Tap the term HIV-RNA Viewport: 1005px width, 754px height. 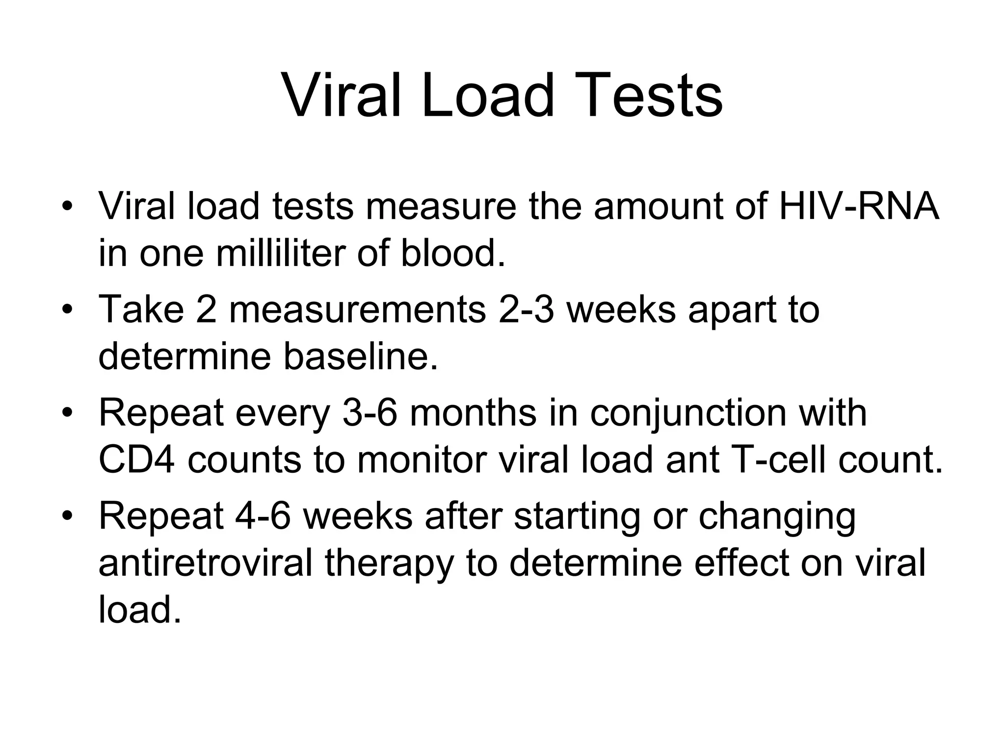[x=859, y=206]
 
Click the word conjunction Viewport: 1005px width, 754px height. [x=688, y=413]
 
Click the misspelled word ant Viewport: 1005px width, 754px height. [x=692, y=460]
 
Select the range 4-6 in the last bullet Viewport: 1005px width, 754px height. [x=263, y=516]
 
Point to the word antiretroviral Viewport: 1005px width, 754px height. [x=205, y=563]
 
